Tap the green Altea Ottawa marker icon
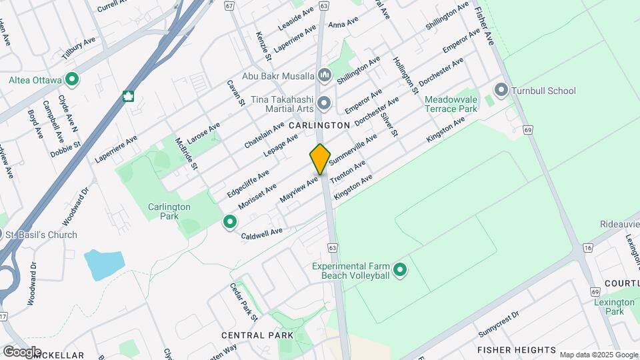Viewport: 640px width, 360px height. (x=72, y=80)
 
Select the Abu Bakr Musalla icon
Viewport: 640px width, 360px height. (x=324, y=75)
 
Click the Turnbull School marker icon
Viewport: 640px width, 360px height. (x=501, y=90)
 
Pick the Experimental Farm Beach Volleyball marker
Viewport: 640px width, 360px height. (x=400, y=270)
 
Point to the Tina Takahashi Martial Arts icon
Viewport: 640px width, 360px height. (x=324, y=103)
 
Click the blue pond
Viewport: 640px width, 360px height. (x=103, y=264)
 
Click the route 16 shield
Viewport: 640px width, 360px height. (x=587, y=248)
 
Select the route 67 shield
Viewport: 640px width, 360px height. (x=229, y=5)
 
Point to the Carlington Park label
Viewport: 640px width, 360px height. (x=169, y=211)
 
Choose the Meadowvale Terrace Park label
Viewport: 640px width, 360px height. (x=451, y=103)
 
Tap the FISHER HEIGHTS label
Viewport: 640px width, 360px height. (x=517, y=349)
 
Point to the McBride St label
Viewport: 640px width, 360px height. (x=186, y=153)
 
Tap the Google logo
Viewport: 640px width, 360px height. (x=21, y=351)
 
